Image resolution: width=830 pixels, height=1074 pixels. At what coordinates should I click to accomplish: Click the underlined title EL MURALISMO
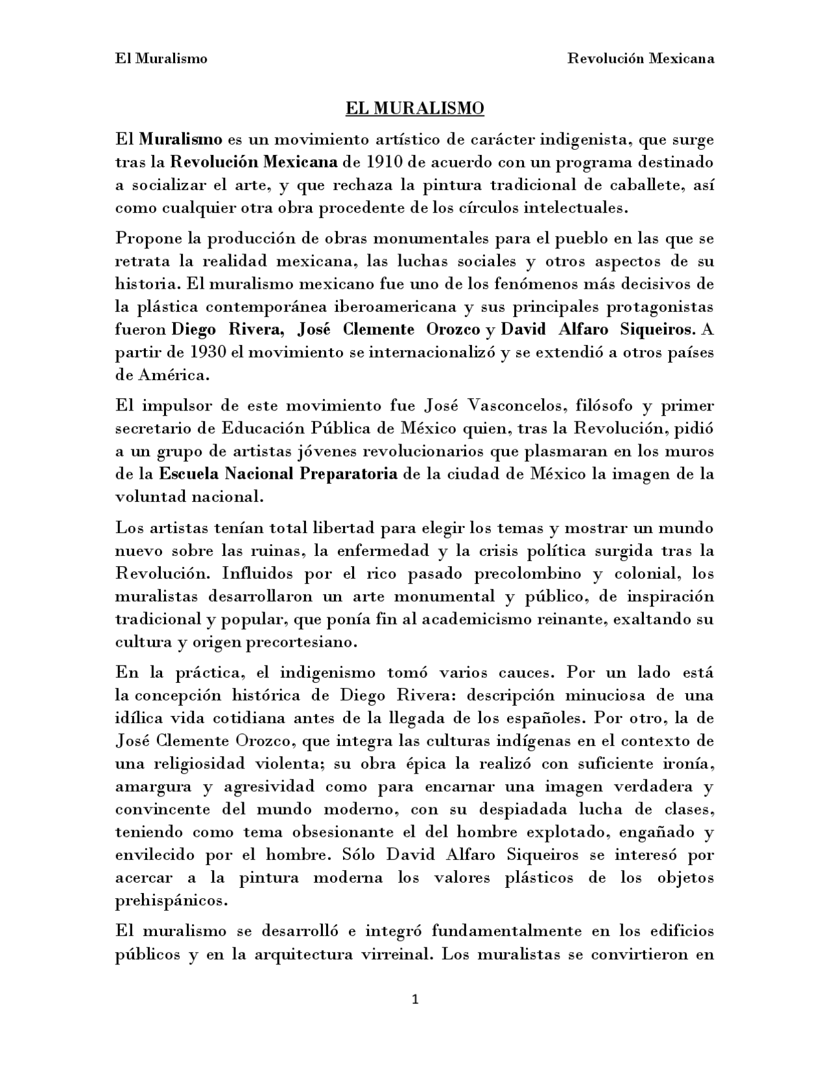click(x=414, y=108)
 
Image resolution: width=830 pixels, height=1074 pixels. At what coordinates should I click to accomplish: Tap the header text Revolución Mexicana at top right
click(x=641, y=58)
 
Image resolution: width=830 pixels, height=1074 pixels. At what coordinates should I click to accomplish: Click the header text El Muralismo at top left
click(x=161, y=58)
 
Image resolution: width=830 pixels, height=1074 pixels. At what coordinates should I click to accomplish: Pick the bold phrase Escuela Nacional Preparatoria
click(x=278, y=474)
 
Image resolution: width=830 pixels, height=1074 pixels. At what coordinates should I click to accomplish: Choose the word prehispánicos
click(x=171, y=901)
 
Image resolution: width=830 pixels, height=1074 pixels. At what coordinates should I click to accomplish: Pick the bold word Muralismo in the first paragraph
click(x=181, y=139)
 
